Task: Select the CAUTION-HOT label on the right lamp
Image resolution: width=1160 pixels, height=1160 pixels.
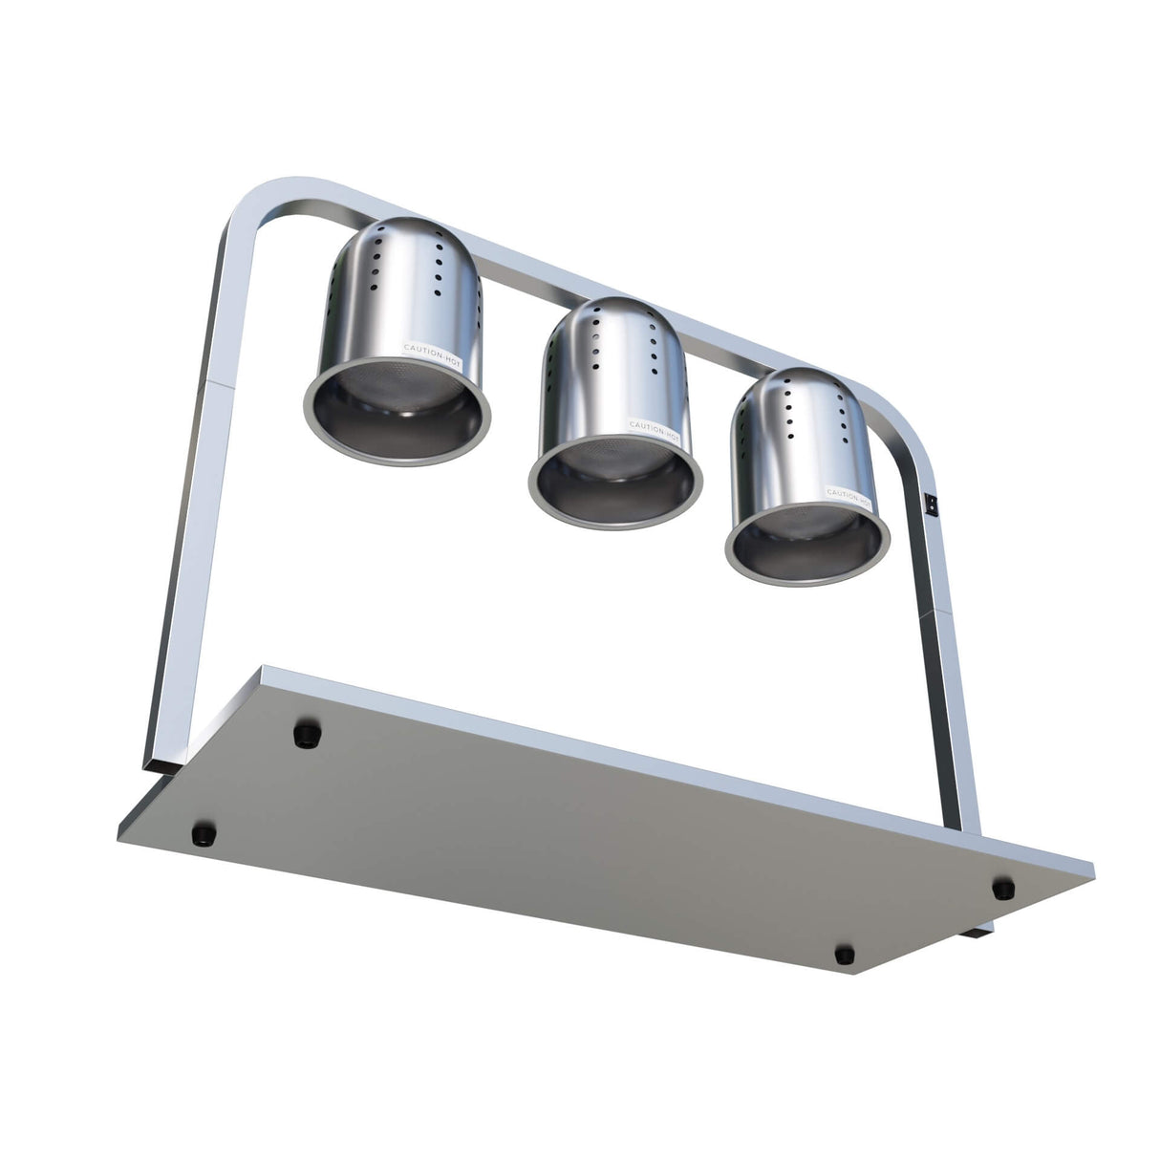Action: point(849,494)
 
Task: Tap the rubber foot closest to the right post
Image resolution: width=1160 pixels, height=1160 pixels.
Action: point(1002,887)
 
